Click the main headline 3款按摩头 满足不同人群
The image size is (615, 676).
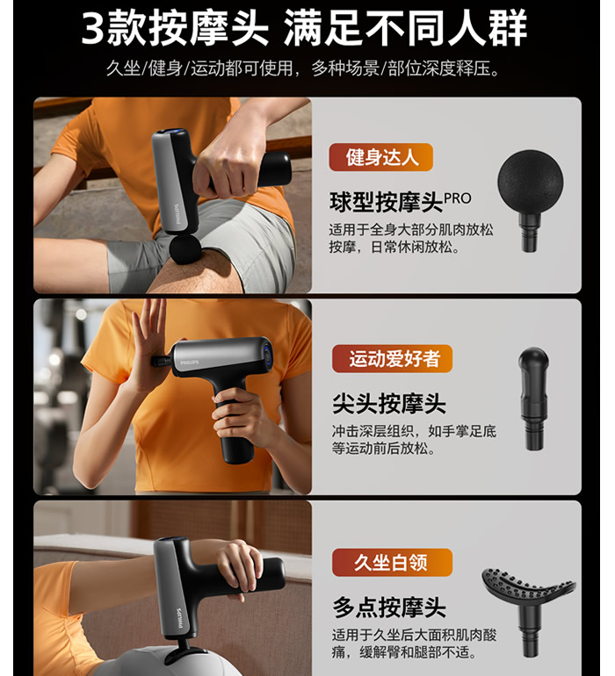tap(304, 28)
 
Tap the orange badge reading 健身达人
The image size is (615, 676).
tap(381, 157)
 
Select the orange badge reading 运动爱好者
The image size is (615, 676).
tap(393, 359)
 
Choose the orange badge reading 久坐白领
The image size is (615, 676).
tap(393, 562)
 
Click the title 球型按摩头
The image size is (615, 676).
tap(387, 202)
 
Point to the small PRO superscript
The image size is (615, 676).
tap(458, 198)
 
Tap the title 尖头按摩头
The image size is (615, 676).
tap(389, 404)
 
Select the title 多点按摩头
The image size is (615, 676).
tap(389, 607)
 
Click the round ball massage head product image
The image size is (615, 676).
tap(531, 200)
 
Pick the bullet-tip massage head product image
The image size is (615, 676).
tap(533, 399)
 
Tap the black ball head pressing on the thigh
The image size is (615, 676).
tap(185, 248)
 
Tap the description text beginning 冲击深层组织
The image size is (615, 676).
tap(414, 440)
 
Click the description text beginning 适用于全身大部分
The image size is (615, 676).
tap(411, 238)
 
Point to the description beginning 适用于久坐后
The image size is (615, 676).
tap(414, 644)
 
